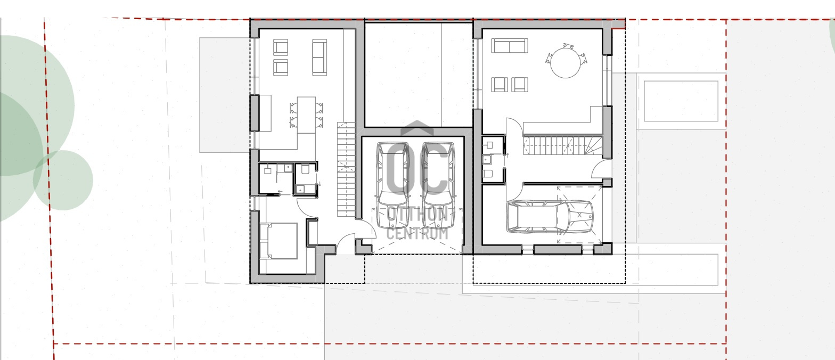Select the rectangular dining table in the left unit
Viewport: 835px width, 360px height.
tap(306, 115)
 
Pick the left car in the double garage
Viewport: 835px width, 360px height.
tap(392, 185)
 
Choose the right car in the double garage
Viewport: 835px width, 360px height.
tap(438, 185)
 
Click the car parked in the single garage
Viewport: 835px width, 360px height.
tap(550, 216)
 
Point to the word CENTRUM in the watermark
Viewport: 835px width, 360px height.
tap(417, 234)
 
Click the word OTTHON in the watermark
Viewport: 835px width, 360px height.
tap(418, 214)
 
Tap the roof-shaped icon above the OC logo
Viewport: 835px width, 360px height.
tap(417, 128)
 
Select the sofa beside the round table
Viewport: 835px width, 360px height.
tap(510, 46)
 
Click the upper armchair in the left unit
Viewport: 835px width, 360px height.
tap(281, 47)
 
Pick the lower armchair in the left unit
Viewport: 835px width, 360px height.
tap(281, 68)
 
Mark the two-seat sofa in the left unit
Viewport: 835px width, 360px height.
tap(320, 58)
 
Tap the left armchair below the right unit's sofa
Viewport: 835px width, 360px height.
tap(500, 85)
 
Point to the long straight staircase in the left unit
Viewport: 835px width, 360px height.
tap(346, 169)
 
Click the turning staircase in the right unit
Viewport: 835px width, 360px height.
tap(563, 145)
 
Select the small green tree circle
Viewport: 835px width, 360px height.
tap(63, 181)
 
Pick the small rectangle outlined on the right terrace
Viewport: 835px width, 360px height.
tap(681, 101)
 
